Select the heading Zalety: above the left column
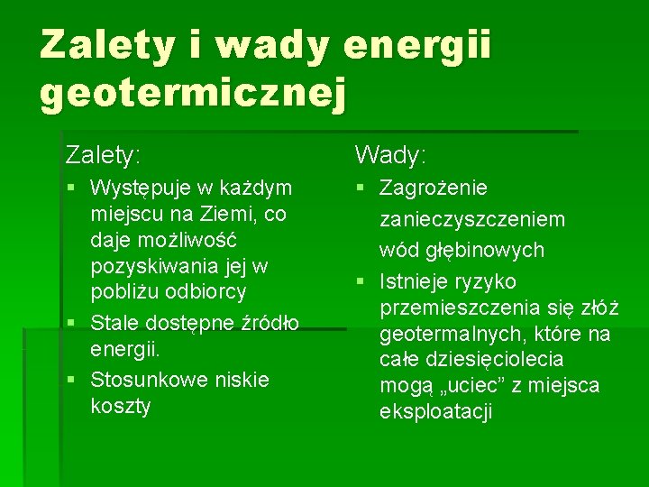pos(103,156)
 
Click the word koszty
pos(121,406)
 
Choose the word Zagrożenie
pos(434,188)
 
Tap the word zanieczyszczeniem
pos(472,219)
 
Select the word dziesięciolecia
pos(495,360)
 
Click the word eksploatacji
pos(436,412)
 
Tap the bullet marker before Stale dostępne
pos(78,322)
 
